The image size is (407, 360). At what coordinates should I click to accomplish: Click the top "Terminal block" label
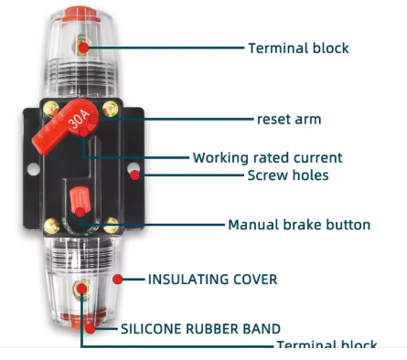(298, 48)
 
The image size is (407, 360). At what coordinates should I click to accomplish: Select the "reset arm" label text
(288, 120)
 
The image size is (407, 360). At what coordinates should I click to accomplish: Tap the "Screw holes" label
(288, 175)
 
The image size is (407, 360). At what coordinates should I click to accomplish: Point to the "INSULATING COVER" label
(212, 278)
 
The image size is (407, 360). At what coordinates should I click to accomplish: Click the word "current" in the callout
(315, 157)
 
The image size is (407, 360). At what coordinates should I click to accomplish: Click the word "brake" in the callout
(311, 224)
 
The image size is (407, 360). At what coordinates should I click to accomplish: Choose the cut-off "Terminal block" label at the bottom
(327, 346)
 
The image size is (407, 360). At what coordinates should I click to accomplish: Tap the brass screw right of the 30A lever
(112, 110)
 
